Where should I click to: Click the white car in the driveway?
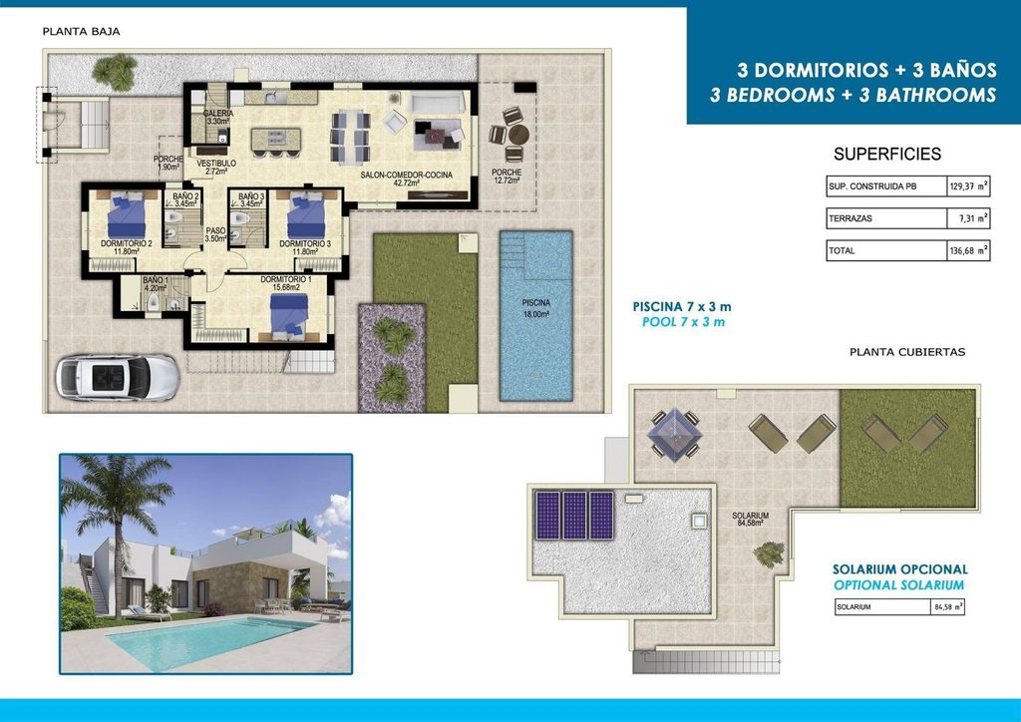pos(118,378)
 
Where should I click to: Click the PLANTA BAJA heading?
pos(81,31)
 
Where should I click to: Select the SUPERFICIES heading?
pos(886,155)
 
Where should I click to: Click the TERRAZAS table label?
pos(851,218)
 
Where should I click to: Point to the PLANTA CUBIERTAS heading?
pos(906,352)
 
